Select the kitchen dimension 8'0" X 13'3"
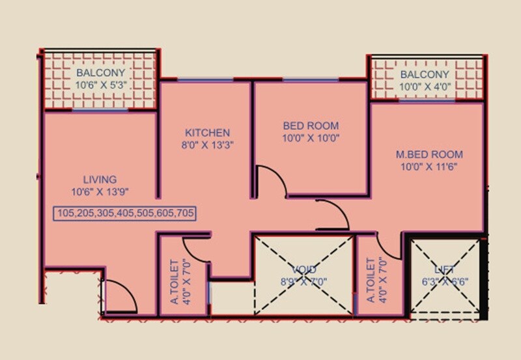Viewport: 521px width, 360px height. click(206, 145)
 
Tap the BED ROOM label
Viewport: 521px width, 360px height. click(311, 126)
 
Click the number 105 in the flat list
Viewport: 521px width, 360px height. click(66, 213)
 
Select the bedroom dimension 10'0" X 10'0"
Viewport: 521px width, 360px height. click(311, 138)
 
